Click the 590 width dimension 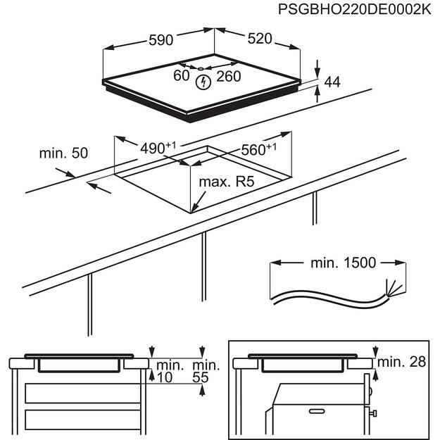(x=161, y=40)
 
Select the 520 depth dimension (x=259, y=39)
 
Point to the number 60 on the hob (x=182, y=75)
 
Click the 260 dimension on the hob (x=229, y=75)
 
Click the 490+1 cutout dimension (x=156, y=148)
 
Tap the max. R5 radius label (x=225, y=182)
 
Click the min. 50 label (x=63, y=153)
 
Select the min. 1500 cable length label (x=343, y=263)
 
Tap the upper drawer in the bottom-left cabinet (x=77, y=392)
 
